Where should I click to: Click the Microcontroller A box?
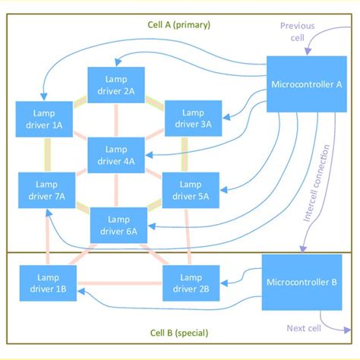[x=306, y=84]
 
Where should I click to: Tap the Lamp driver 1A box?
[x=43, y=118]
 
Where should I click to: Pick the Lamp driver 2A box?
[x=116, y=86]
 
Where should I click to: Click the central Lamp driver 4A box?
[x=116, y=155]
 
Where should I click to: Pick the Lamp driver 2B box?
[x=191, y=283]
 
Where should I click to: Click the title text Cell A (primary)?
[x=178, y=25]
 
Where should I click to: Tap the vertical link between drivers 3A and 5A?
[x=185, y=155]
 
